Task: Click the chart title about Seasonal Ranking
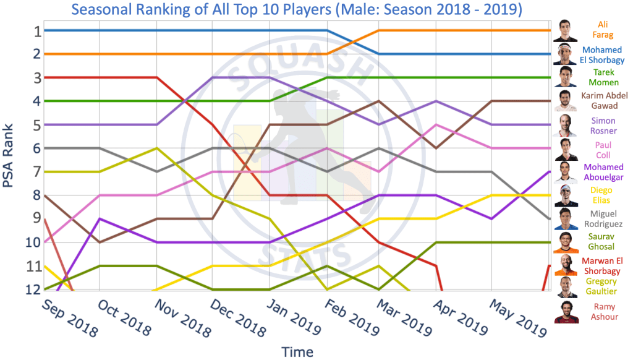[x=296, y=10]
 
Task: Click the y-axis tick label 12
[x=34, y=289]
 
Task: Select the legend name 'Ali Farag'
[x=603, y=30]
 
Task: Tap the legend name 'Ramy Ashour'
[x=603, y=312]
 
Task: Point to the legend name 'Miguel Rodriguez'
[x=603, y=219]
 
